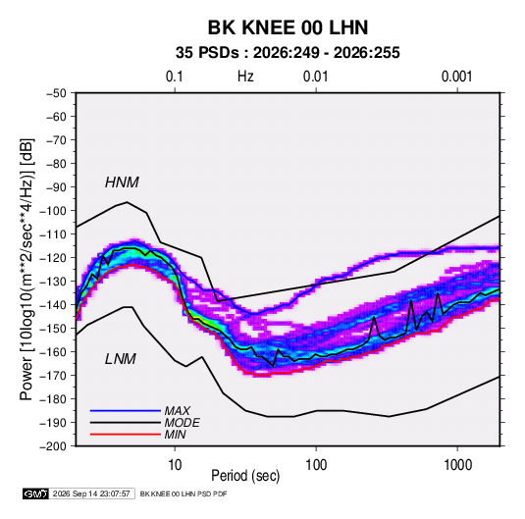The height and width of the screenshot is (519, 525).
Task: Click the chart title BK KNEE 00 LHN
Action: point(288,27)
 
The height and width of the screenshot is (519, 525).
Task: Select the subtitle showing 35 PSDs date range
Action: point(288,53)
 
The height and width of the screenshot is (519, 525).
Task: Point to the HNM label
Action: point(122,182)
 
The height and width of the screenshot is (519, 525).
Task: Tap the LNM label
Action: point(121,359)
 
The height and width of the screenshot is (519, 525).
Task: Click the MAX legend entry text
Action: point(178,411)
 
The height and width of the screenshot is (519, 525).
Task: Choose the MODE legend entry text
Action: point(183,423)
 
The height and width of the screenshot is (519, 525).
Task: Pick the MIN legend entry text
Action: point(175,435)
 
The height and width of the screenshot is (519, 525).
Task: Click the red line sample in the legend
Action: point(126,435)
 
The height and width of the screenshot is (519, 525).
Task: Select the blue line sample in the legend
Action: point(126,411)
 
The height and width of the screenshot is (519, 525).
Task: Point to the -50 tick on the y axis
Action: point(56,93)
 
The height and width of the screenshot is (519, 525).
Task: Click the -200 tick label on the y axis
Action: point(53,446)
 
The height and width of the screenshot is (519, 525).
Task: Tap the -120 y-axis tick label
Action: point(53,258)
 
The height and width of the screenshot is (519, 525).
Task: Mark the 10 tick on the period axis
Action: point(175,465)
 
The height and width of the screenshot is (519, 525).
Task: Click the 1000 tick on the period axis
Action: point(457,465)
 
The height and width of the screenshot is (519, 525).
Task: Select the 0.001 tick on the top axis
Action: point(456,77)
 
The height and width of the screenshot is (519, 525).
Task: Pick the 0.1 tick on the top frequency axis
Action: point(175,77)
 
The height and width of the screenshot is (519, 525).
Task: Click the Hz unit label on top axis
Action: point(245,77)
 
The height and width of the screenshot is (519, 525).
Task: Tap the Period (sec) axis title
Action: point(245,476)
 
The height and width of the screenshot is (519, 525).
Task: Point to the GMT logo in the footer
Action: point(36,493)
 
